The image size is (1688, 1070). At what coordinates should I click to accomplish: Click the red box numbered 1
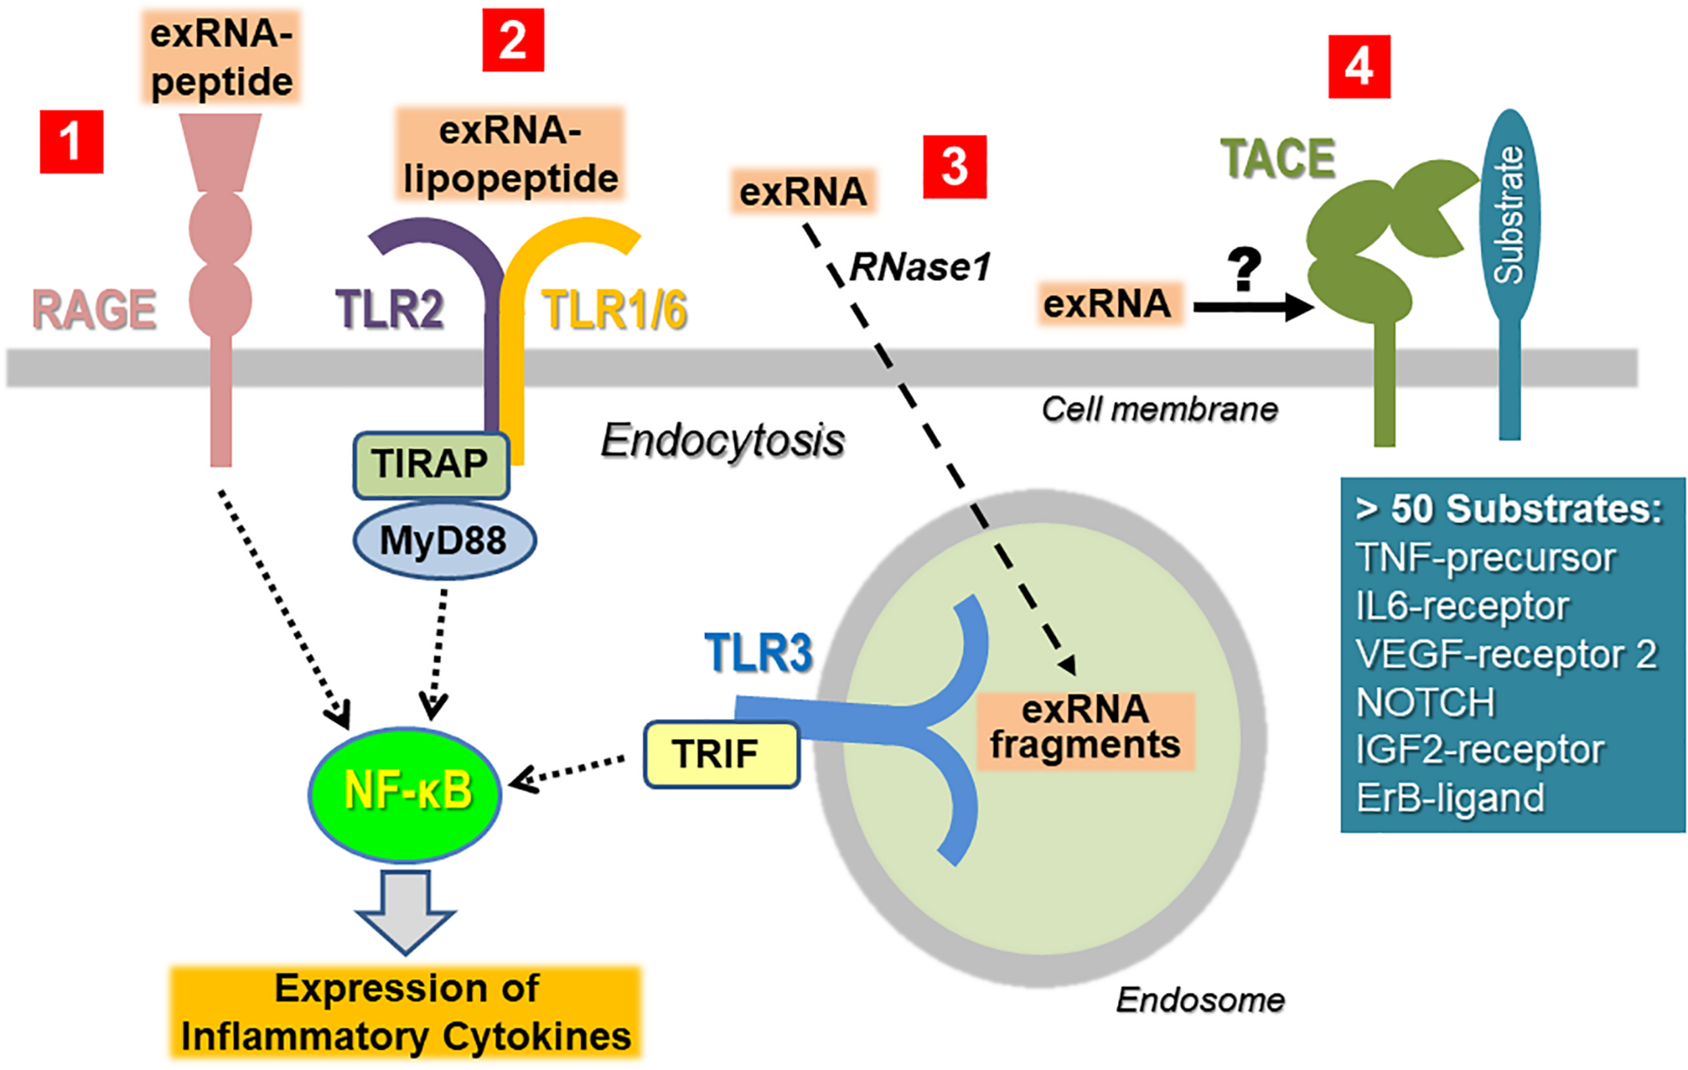coord(72,142)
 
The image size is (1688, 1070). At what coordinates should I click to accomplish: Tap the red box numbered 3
coord(954,167)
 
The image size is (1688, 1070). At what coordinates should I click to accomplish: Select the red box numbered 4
coord(1359,68)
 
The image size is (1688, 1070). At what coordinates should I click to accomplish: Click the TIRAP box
coord(430,464)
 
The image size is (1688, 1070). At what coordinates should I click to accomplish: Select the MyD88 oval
coord(444,540)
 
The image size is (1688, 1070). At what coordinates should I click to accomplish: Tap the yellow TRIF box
coord(720,755)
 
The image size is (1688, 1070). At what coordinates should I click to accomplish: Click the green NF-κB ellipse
coord(405,793)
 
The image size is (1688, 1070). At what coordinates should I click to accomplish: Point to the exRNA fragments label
coord(1084,729)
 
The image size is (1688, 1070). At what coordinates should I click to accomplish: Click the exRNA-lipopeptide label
coord(510,155)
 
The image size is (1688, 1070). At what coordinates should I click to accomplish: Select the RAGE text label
coord(94,310)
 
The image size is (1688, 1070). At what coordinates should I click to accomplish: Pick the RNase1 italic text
coord(920,267)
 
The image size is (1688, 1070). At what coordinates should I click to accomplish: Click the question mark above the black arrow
coord(1244,269)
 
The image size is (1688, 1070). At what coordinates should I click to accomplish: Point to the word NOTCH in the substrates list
coord(1425,702)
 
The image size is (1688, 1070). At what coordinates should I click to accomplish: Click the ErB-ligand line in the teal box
coord(1450,797)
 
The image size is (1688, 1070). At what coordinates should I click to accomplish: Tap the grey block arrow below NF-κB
coord(406,910)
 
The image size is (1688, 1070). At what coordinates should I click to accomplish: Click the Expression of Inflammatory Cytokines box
coord(406,1012)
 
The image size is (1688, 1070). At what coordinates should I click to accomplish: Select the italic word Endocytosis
coord(722,441)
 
